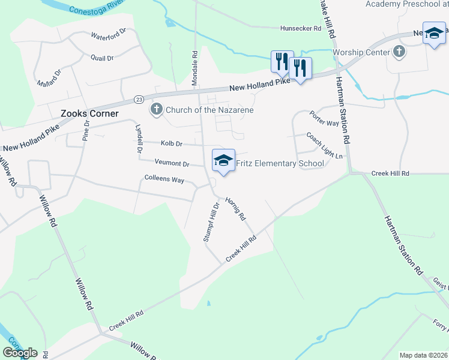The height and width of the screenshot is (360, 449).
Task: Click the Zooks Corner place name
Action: pyautogui.click(x=89, y=113)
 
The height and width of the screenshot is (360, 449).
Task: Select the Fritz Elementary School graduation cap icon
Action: pyautogui.click(x=223, y=160)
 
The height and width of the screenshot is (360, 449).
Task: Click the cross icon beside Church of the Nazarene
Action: pyautogui.click(x=156, y=109)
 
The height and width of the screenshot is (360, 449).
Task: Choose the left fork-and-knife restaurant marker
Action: pyautogui.click(x=282, y=61)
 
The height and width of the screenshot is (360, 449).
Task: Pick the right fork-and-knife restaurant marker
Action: pyautogui.click(x=300, y=67)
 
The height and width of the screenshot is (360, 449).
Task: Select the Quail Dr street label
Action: pyautogui.click(x=101, y=58)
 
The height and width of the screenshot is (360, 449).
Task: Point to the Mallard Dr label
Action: pyautogui.click(x=49, y=78)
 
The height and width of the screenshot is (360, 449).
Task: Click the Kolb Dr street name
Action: pyautogui.click(x=171, y=143)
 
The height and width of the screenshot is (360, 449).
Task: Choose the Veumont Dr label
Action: pyautogui.click(x=172, y=163)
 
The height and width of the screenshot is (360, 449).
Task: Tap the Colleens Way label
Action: pyautogui.click(x=164, y=179)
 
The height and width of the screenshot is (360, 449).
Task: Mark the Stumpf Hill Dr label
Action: pyautogui.click(x=209, y=222)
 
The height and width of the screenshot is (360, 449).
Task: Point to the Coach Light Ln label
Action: pyautogui.click(x=324, y=146)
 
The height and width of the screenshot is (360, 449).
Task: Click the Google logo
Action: pyautogui.click(x=20, y=353)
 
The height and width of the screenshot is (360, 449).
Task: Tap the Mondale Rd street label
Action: pyautogui.click(x=195, y=66)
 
